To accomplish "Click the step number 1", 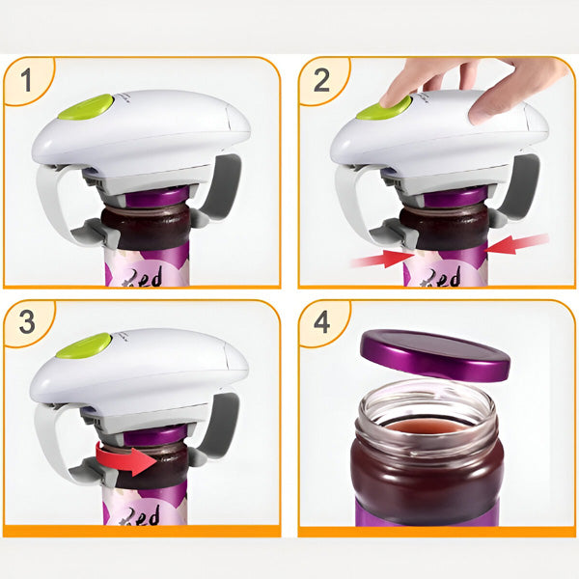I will (x=27, y=81).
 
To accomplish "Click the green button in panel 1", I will (x=85, y=107).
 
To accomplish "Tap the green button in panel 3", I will (x=83, y=345).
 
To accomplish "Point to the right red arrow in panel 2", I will (x=518, y=243).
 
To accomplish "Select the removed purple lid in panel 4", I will (x=435, y=354).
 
